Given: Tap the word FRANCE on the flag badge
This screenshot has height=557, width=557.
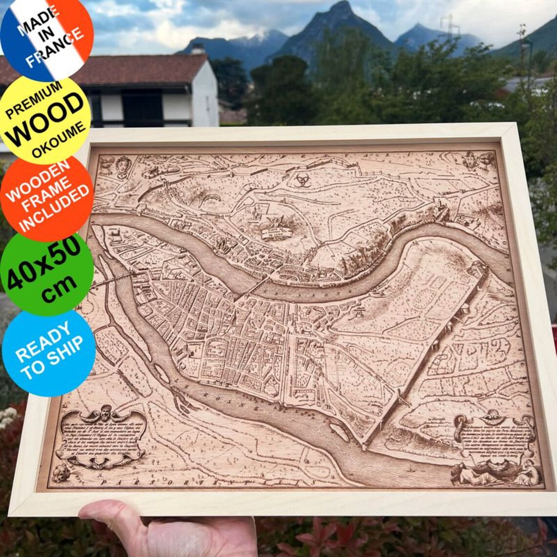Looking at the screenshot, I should click(x=55, y=47).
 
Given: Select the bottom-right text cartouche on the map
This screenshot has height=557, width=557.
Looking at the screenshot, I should click(x=493, y=437).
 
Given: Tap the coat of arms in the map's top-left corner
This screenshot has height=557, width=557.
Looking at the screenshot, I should click(x=123, y=167).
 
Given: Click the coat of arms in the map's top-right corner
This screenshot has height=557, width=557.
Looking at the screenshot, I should click(x=472, y=160).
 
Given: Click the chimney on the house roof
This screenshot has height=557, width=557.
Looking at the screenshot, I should click(x=197, y=48).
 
